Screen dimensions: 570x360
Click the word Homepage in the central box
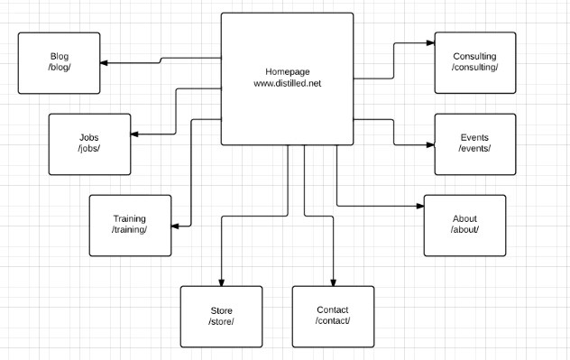pos(288,72)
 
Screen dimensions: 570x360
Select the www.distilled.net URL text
pos(288,83)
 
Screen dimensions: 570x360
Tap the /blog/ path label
pos(60,68)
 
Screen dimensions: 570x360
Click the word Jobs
pos(89,137)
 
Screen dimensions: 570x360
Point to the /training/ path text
pos(129,230)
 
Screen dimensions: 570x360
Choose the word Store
pos(221,310)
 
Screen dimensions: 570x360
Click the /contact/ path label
pos(333,320)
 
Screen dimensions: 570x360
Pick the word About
pos(464,218)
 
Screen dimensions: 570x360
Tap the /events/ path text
pos(474,148)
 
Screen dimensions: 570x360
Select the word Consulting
pos(474,56)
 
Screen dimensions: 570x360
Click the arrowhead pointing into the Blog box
pos(104,63)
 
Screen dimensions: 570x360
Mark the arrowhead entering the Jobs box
pos(134,134)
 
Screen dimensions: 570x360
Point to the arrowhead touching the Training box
pos(175,226)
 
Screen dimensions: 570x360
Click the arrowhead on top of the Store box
pos(221,282)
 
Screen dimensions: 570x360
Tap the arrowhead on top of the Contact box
pos(333,282)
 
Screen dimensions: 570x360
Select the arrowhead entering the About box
pos(420,207)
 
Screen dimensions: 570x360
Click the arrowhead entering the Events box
pos(431,144)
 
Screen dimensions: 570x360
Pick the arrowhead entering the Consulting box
pos(431,43)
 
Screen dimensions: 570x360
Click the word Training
pos(129,218)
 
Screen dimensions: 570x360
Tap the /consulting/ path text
pos(474,68)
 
